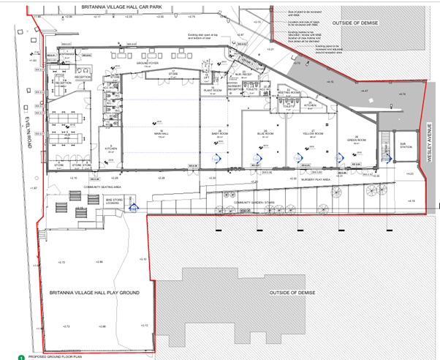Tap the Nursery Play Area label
[316, 179]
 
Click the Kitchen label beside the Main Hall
[112, 149]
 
